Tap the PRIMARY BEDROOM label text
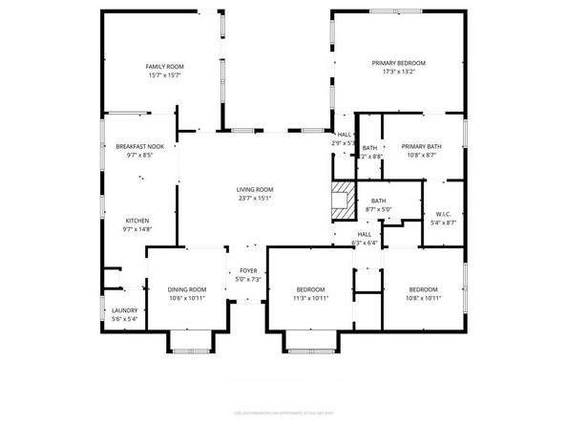coord(398,63)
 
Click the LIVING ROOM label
coord(255,190)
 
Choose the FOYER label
coord(248,270)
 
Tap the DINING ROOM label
coord(186,289)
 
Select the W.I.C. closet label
coord(444,214)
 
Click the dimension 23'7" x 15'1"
coord(255,199)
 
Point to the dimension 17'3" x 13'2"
coord(398,72)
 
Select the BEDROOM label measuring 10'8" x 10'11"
coord(423,289)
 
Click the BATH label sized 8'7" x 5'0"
coord(379,201)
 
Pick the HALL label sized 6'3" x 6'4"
coord(365,234)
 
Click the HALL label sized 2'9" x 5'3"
coord(344,135)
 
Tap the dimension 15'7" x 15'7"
coord(164,74)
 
